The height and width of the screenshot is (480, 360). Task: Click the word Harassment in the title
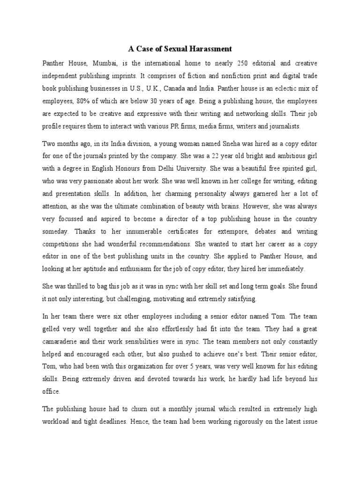(210, 48)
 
